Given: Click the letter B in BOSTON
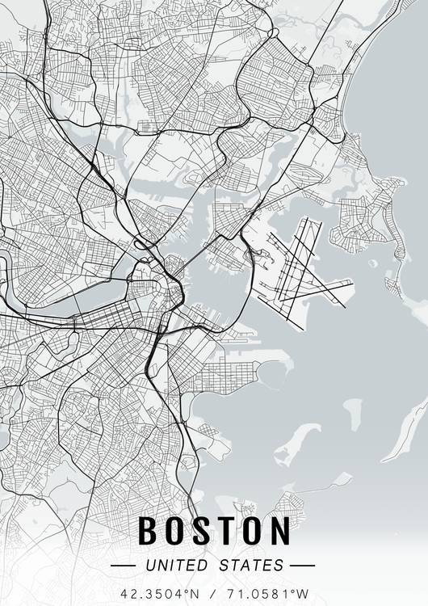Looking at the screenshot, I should point(149,531).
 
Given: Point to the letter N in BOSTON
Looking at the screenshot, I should point(279,531).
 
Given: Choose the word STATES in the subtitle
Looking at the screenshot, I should point(251,565).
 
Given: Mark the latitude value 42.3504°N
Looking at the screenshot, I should point(160,592).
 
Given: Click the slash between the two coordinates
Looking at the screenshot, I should point(212,592).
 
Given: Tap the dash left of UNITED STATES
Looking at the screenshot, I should point(124,565).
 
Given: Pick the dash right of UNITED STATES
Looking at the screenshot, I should point(302,565).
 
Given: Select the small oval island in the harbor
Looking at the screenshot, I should point(351,413).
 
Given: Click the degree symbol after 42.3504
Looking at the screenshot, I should point(183,589).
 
